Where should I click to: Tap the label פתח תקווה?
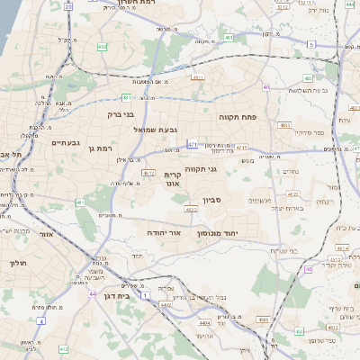238,117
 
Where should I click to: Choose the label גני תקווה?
202,169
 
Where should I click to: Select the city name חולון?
19,263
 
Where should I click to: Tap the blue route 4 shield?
40,319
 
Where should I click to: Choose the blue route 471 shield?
192,143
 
